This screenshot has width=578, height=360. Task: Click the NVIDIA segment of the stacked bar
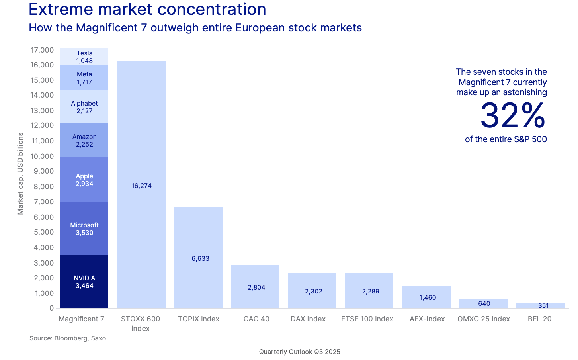pyautogui.click(x=84, y=282)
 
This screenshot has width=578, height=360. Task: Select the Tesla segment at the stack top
pyautogui.click(x=84, y=57)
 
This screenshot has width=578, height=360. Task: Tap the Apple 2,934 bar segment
pyautogui.click(x=84, y=180)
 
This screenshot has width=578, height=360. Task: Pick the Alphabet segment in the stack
pyautogui.click(x=84, y=107)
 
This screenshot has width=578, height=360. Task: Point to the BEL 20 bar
pyautogui.click(x=541, y=305)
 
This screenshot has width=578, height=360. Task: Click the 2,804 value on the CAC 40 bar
pyautogui.click(x=256, y=287)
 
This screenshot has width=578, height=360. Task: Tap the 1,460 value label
pyautogui.click(x=428, y=297)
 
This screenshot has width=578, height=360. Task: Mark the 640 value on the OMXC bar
pyautogui.click(x=484, y=303)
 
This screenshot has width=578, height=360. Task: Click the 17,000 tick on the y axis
pyautogui.click(x=42, y=50)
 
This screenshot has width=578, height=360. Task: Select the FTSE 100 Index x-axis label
pyautogui.click(x=367, y=319)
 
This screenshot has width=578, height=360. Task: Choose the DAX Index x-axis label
pyautogui.click(x=308, y=319)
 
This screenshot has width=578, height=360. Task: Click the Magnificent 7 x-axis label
pyautogui.click(x=81, y=319)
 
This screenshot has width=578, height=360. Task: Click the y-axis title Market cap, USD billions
pyautogui.click(x=21, y=174)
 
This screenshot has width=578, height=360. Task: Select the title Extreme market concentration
pyautogui.click(x=147, y=9)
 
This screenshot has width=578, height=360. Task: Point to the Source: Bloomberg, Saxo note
pyautogui.click(x=68, y=338)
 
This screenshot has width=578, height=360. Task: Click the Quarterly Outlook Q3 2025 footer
pyautogui.click(x=299, y=352)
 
